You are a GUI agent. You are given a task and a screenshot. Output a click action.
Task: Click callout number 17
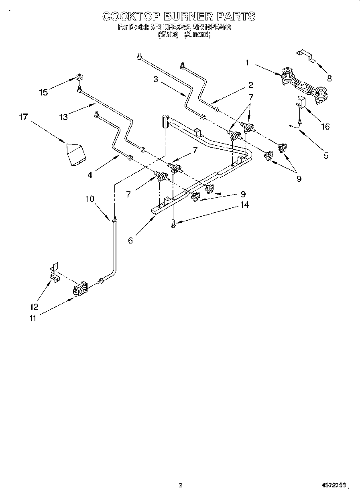(x=23, y=117)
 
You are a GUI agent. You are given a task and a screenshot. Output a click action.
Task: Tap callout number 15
(x=43, y=92)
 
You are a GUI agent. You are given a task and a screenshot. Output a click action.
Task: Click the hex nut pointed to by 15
(x=79, y=77)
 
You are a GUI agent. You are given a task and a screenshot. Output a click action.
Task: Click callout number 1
(x=247, y=62)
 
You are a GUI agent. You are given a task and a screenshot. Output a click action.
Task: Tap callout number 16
(x=325, y=127)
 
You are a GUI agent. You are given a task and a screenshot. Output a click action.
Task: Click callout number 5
(x=326, y=156)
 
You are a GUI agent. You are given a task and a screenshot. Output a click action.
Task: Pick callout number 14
(x=244, y=205)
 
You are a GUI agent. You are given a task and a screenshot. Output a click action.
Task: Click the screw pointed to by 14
(x=173, y=223)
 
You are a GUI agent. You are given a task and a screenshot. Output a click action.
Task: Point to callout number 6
(x=130, y=240)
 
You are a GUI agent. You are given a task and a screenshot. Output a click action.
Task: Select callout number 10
(x=89, y=199)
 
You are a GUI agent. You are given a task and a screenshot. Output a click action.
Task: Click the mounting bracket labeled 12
(x=53, y=273)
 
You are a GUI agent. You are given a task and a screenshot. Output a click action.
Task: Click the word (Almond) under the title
(x=197, y=34)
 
